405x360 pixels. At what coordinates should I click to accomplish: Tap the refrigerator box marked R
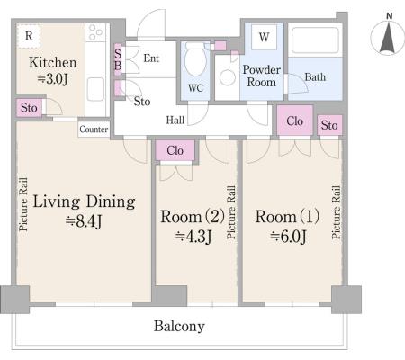click(x=29, y=36)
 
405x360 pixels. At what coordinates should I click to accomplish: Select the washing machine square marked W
click(x=264, y=37)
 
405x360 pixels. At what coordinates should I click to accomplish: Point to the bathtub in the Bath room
click(x=315, y=40)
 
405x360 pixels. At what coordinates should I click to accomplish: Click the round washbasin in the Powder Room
click(x=228, y=77)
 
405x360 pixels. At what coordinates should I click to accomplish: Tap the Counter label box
click(x=94, y=130)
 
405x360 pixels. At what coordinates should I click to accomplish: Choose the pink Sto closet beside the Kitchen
click(x=29, y=108)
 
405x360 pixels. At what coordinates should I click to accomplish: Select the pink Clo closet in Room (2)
click(x=175, y=150)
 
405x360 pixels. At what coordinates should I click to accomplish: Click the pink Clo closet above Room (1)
click(x=294, y=121)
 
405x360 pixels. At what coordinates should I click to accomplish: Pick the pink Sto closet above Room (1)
click(x=329, y=125)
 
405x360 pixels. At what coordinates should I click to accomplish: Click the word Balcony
click(x=179, y=326)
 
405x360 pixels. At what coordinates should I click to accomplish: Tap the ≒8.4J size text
click(x=84, y=221)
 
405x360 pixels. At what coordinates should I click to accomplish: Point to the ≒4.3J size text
click(x=193, y=237)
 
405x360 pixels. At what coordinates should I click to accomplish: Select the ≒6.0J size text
click(x=288, y=237)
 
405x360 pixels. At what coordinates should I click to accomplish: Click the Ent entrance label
click(x=151, y=58)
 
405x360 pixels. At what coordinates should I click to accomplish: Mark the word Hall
click(x=175, y=121)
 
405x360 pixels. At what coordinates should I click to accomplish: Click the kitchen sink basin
click(x=95, y=89)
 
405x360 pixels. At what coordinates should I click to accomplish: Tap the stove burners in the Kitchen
click(x=95, y=32)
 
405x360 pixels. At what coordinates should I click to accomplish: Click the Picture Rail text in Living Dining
click(x=23, y=205)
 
